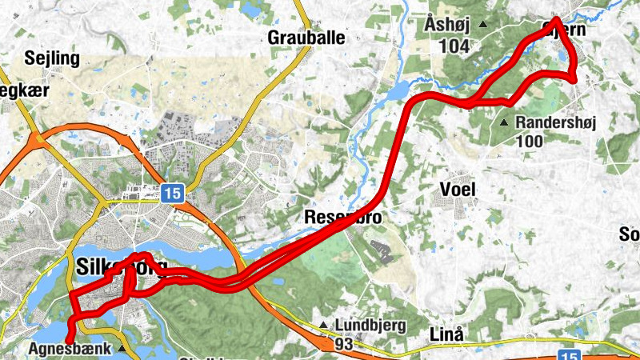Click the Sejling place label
click(x=53, y=58)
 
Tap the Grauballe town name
click(x=306, y=37)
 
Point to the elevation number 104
click(x=454, y=46)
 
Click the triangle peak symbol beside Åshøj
click(x=483, y=25)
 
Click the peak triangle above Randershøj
click(x=504, y=123)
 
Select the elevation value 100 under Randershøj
click(x=530, y=142)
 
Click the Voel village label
click(x=458, y=189)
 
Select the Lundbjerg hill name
click(x=370, y=326)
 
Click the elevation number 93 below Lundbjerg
click(x=345, y=344)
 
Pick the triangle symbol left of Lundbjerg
click(x=323, y=325)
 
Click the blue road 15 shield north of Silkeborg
click(x=172, y=192)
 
